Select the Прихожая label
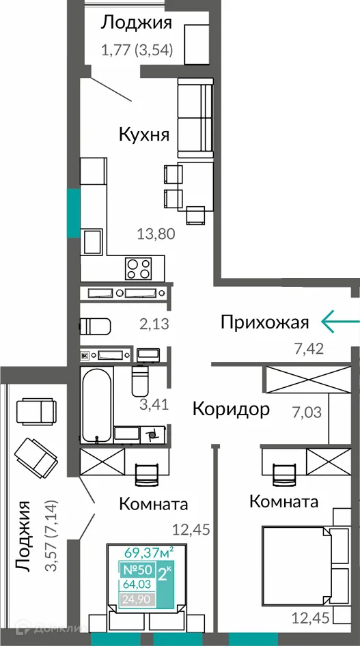point(265,322)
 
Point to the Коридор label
point(231,409)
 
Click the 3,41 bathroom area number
point(154,404)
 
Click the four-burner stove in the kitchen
point(139,267)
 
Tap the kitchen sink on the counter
point(92,242)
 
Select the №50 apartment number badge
point(137,570)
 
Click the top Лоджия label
point(136,23)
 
